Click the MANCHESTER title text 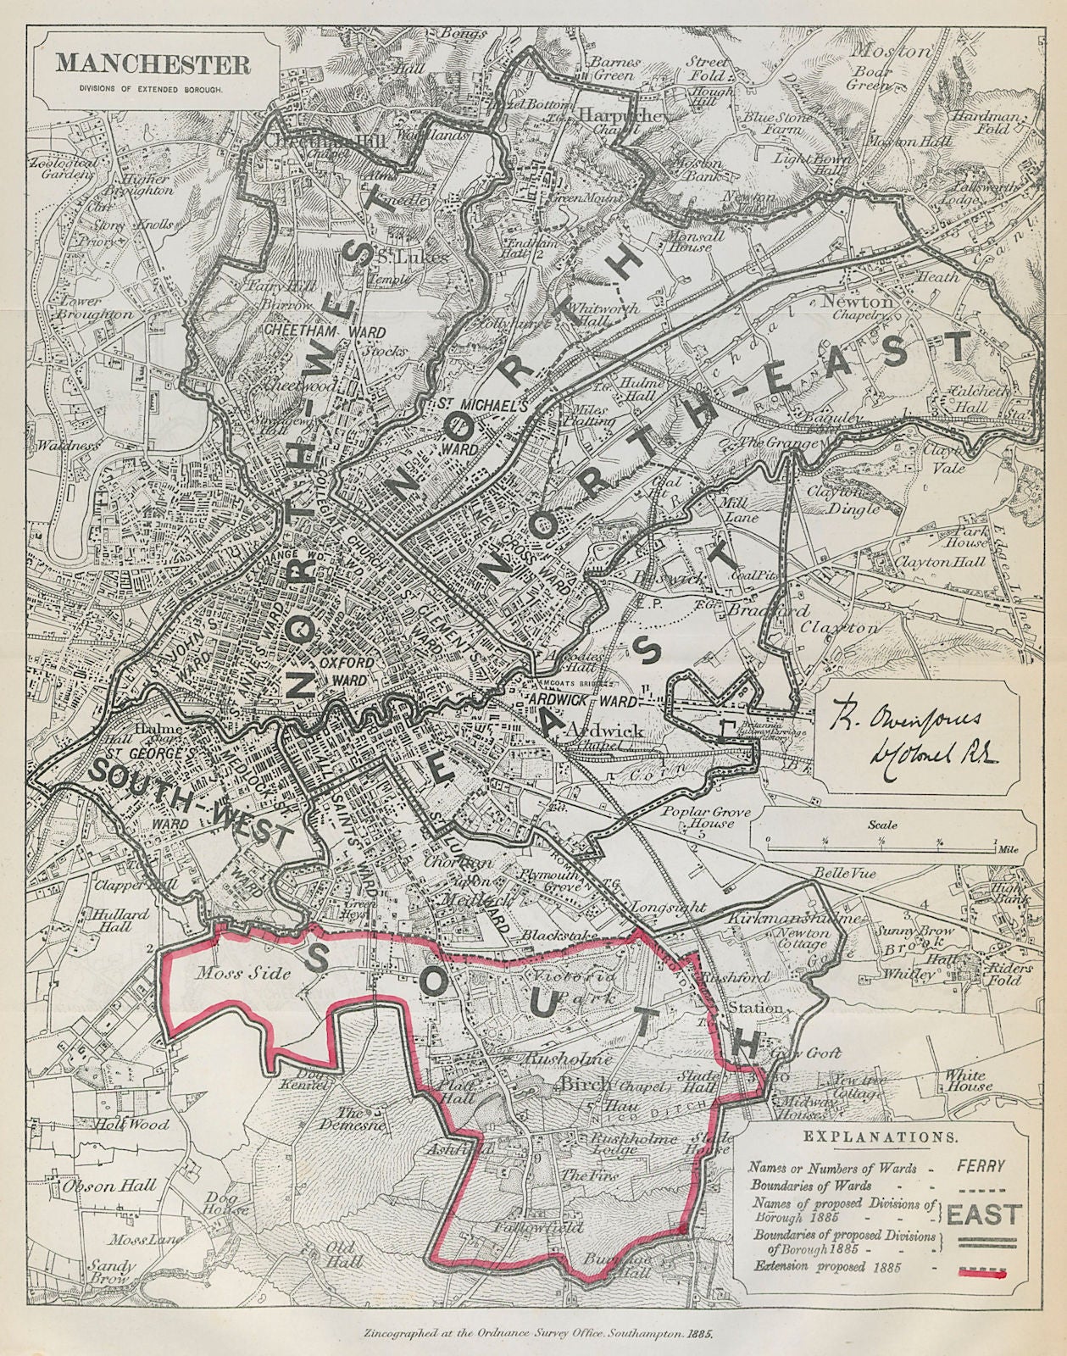(153, 64)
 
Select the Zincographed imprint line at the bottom (533, 1333)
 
